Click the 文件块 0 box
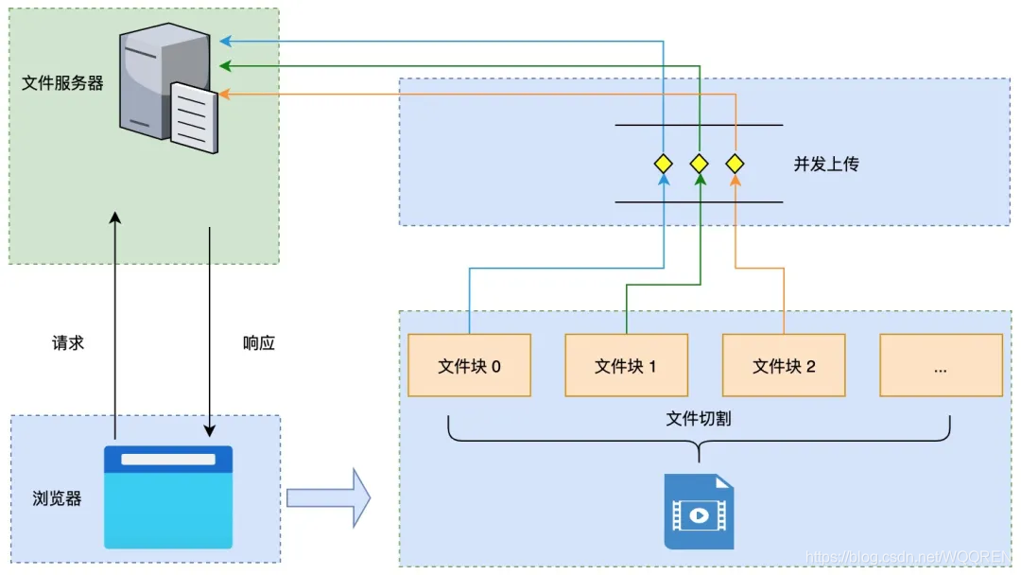click(469, 365)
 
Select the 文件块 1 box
click(626, 365)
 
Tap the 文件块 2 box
click(784, 365)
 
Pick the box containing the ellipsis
click(941, 365)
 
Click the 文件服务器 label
click(62, 83)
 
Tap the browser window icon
click(168, 497)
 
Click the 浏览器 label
click(57, 498)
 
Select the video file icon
click(699, 512)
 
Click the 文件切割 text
click(699, 418)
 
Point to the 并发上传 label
click(826, 164)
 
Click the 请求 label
click(68, 342)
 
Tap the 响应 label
click(259, 342)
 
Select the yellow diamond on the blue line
click(664, 164)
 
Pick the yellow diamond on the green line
click(700, 164)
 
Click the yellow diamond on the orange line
click(735, 164)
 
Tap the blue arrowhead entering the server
click(224, 41)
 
